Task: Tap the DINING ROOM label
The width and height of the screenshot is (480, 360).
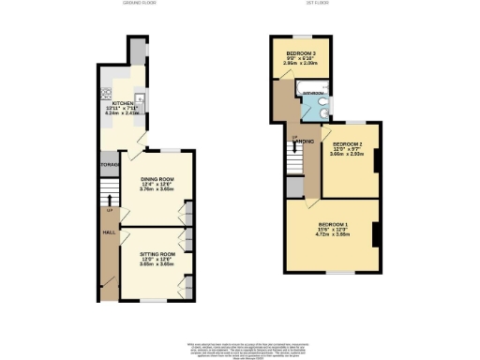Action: [157, 178]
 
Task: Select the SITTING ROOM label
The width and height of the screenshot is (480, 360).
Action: [157, 254]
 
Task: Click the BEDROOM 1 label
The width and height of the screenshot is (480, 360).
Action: [332, 225]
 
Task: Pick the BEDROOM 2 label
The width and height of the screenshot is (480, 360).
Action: [346, 141]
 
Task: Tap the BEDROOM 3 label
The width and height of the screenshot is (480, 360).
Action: [301, 52]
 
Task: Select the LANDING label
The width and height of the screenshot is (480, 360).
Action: [302, 142]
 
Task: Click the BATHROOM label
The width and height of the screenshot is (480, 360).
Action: [313, 94]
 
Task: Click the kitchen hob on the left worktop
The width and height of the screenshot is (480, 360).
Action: [106, 93]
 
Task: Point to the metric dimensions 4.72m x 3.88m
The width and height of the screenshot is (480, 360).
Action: [332, 236]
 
